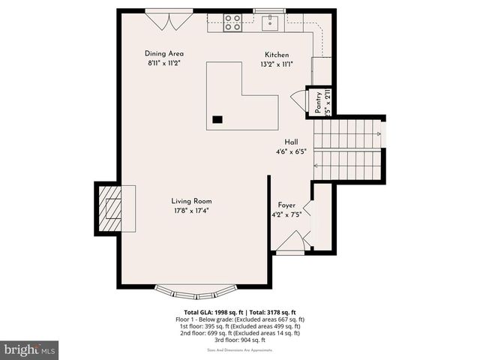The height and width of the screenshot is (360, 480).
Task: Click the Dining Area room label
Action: [164, 54]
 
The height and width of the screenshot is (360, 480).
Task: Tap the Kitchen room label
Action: [276, 55]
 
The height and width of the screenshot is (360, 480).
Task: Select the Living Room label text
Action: [191, 201]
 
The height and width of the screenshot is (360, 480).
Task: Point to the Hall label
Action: [291, 142]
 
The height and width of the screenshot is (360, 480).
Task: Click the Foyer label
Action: [286, 205]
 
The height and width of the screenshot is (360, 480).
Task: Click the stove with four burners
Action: [232, 22]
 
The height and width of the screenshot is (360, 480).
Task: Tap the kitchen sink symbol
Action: [270, 21]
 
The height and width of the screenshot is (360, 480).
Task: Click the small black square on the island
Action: [217, 118]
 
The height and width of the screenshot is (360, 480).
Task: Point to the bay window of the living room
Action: [194, 289]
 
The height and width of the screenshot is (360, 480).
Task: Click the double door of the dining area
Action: [169, 19]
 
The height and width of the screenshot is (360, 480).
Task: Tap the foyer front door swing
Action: [292, 242]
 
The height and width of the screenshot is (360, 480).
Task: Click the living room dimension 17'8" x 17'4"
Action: [190, 211]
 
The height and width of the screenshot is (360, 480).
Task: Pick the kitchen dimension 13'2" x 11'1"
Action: [276, 64]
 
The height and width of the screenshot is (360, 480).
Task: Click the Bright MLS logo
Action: [29, 349]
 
